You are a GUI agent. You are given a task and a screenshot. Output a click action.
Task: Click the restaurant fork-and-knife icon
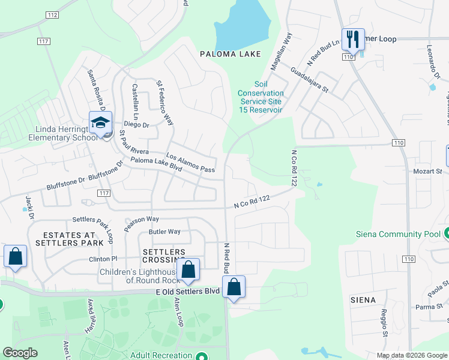pos(353,40)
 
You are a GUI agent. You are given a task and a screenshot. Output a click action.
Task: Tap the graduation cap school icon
pos(100,123)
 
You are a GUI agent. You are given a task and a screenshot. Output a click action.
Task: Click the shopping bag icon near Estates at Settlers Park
pos(15,256)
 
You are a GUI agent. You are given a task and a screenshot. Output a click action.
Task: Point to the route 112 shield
pos(52,14)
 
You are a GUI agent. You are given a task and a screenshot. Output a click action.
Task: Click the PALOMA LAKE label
pos(231,54)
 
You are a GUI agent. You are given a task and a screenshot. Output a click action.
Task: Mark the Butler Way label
pos(164,232)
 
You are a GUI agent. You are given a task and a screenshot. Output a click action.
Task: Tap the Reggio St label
pos(385,322)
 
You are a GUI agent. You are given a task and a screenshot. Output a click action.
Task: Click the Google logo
pos(20,353)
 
